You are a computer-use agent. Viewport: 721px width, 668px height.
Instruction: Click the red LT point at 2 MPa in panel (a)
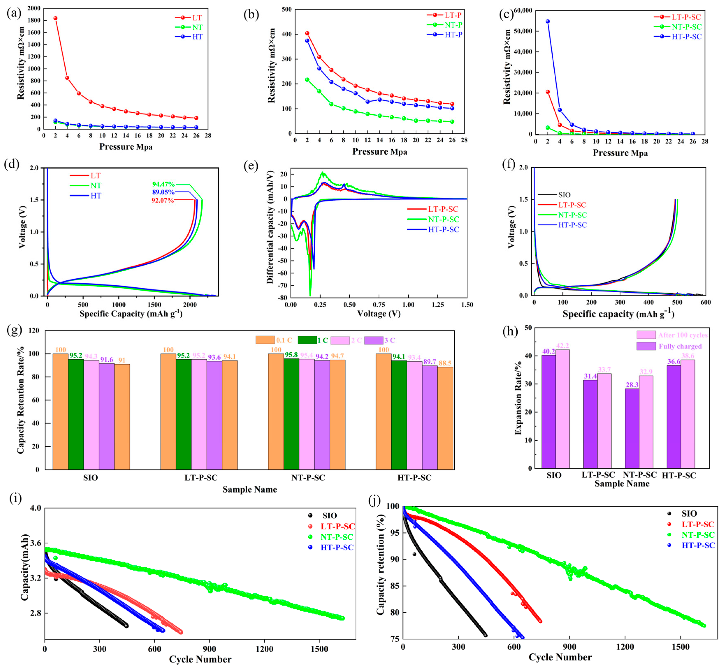pyautogui.click(x=55, y=18)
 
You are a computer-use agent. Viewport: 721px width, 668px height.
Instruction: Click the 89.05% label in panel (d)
pyautogui.click(x=163, y=192)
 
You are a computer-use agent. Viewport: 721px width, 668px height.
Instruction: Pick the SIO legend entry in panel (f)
pyautogui.click(x=564, y=195)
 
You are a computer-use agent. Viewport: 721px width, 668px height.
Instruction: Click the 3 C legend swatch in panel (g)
pyautogui.click(x=373, y=340)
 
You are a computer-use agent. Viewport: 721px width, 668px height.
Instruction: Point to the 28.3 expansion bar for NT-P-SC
pyautogui.click(x=632, y=428)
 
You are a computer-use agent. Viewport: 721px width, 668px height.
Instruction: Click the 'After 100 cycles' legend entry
pyautogui.click(x=682, y=335)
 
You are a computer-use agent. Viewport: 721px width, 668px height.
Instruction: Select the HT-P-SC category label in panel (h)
pyautogui.click(x=679, y=476)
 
